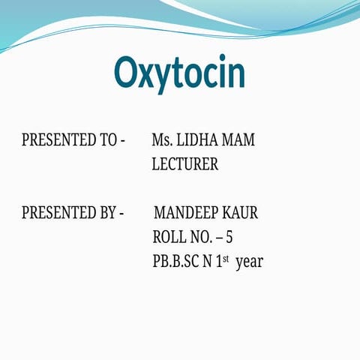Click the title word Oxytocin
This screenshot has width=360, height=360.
click(179, 73)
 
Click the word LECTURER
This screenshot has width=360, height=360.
click(185, 165)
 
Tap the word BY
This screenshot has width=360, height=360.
click(106, 213)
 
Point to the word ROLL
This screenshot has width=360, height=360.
click(169, 238)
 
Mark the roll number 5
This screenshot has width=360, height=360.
click(229, 238)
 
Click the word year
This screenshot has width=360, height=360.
click(249, 263)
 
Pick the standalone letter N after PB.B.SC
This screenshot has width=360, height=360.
click(206, 262)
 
